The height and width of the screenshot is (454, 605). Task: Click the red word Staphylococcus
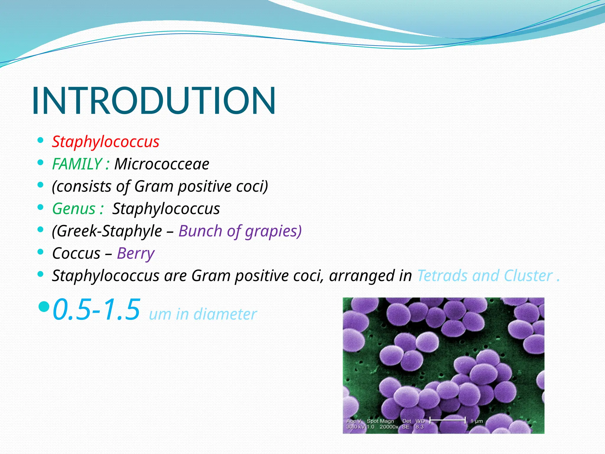point(105,142)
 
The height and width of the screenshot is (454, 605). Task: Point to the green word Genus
point(74,209)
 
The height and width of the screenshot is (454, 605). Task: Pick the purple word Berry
point(136,254)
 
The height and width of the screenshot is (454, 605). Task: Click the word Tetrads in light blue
point(442,276)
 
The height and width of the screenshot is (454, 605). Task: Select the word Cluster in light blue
point(528,276)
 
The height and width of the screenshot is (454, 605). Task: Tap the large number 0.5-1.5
point(96,310)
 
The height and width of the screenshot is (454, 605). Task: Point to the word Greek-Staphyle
point(107,231)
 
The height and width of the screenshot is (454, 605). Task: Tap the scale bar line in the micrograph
point(447,420)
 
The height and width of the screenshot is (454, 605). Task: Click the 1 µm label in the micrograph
point(476,421)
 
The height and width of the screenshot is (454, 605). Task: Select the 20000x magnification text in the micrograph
point(389,427)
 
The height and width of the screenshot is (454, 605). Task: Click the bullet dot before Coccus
point(41,252)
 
